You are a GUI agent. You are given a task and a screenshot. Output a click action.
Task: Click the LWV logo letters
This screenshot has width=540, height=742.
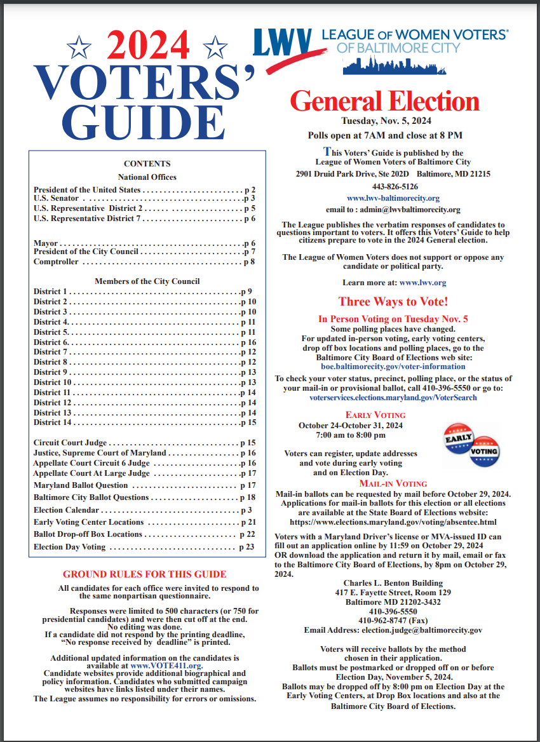[282, 44]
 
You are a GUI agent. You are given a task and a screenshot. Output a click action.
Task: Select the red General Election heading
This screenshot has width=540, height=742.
[384, 102]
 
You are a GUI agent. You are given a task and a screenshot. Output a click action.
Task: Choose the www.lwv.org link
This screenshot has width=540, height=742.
[422, 282]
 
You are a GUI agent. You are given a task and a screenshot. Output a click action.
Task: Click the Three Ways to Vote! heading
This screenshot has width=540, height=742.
[393, 301]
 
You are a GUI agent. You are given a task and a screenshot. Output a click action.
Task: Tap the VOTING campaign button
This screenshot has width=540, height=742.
[485, 452]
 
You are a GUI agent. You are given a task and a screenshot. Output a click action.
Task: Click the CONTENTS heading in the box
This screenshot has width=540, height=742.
[147, 163]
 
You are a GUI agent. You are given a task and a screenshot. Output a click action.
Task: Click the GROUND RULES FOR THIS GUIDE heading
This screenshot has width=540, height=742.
[144, 574]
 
